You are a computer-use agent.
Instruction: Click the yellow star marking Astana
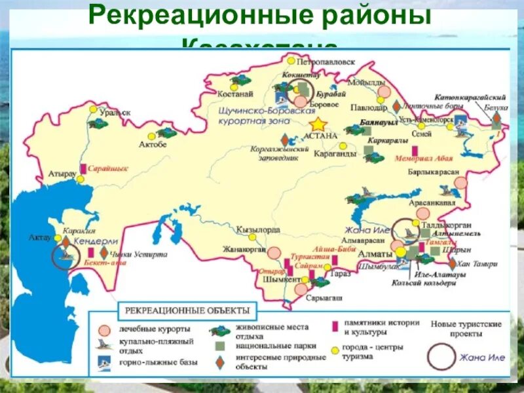318,124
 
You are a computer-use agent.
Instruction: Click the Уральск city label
115,113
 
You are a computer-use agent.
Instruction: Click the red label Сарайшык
109,168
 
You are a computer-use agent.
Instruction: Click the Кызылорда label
259,230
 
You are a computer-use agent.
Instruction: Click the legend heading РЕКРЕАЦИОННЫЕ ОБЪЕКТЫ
187,309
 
